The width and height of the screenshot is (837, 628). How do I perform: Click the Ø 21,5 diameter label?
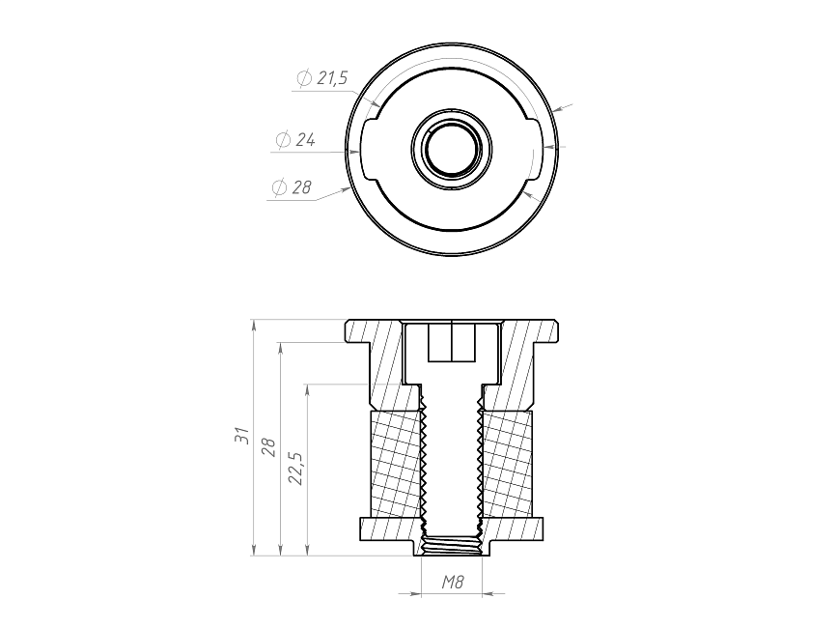click(x=322, y=78)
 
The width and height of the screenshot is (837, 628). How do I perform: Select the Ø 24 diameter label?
click(x=295, y=139)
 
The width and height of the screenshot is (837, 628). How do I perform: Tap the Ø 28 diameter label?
click(x=292, y=186)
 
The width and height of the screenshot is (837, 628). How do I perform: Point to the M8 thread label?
click(x=452, y=582)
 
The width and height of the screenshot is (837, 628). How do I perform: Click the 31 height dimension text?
click(x=241, y=435)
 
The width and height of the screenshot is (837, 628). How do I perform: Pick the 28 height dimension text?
click(x=268, y=447)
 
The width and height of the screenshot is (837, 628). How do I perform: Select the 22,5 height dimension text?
click(x=295, y=469)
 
